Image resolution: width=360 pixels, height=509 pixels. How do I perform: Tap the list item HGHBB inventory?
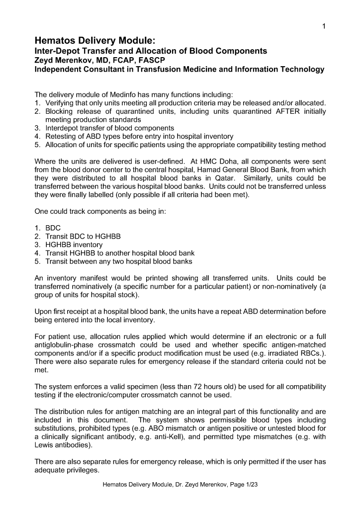point(74,245)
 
